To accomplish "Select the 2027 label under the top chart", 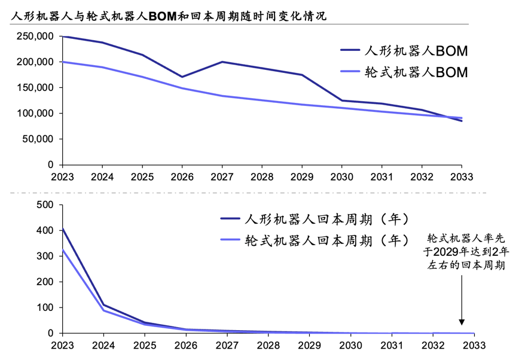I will coord(222,177).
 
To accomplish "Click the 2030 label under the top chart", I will coord(341,177).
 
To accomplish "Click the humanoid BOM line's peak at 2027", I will coord(222,62).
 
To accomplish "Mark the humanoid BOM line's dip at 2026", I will coord(182,77).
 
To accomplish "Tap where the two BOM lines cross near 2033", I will coord(450,117).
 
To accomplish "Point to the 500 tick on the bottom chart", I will coord(45,205).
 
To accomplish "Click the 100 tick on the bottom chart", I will coord(45,307).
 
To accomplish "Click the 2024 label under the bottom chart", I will coord(103,346).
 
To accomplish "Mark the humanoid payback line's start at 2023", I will coord(63,228).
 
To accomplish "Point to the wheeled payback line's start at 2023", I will coord(63,249).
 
